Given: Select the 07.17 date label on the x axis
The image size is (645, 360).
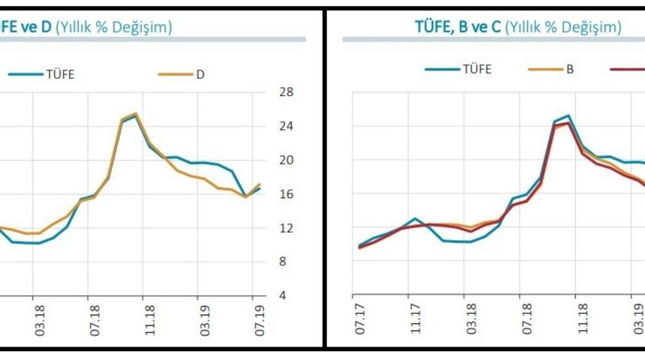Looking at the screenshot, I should (359, 319).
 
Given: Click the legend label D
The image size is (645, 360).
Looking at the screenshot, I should (201, 73).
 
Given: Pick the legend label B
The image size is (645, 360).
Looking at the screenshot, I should (570, 69).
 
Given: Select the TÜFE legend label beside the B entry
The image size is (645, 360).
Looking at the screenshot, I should (477, 69).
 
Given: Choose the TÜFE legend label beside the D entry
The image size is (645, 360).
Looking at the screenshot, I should (60, 73).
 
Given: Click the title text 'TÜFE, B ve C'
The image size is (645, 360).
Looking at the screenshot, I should (457, 28).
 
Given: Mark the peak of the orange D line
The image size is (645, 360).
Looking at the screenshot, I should (136, 113).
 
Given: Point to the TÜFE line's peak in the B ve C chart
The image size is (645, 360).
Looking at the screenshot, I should (568, 115).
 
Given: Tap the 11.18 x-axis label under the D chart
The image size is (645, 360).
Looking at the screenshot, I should (149, 319).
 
